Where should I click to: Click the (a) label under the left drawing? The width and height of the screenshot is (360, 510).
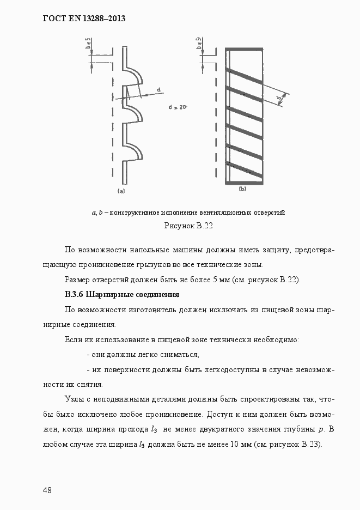click(x=121, y=191)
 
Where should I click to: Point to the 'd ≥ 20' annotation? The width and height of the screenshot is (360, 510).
click(x=178, y=107)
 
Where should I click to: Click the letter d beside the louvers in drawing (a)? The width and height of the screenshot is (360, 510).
click(x=158, y=89)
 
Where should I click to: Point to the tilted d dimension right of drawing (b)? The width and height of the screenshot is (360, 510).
click(x=279, y=99)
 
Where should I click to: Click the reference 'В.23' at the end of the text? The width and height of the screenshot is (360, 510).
click(x=313, y=444)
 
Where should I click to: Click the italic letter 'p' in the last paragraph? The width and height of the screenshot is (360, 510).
click(x=320, y=429)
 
